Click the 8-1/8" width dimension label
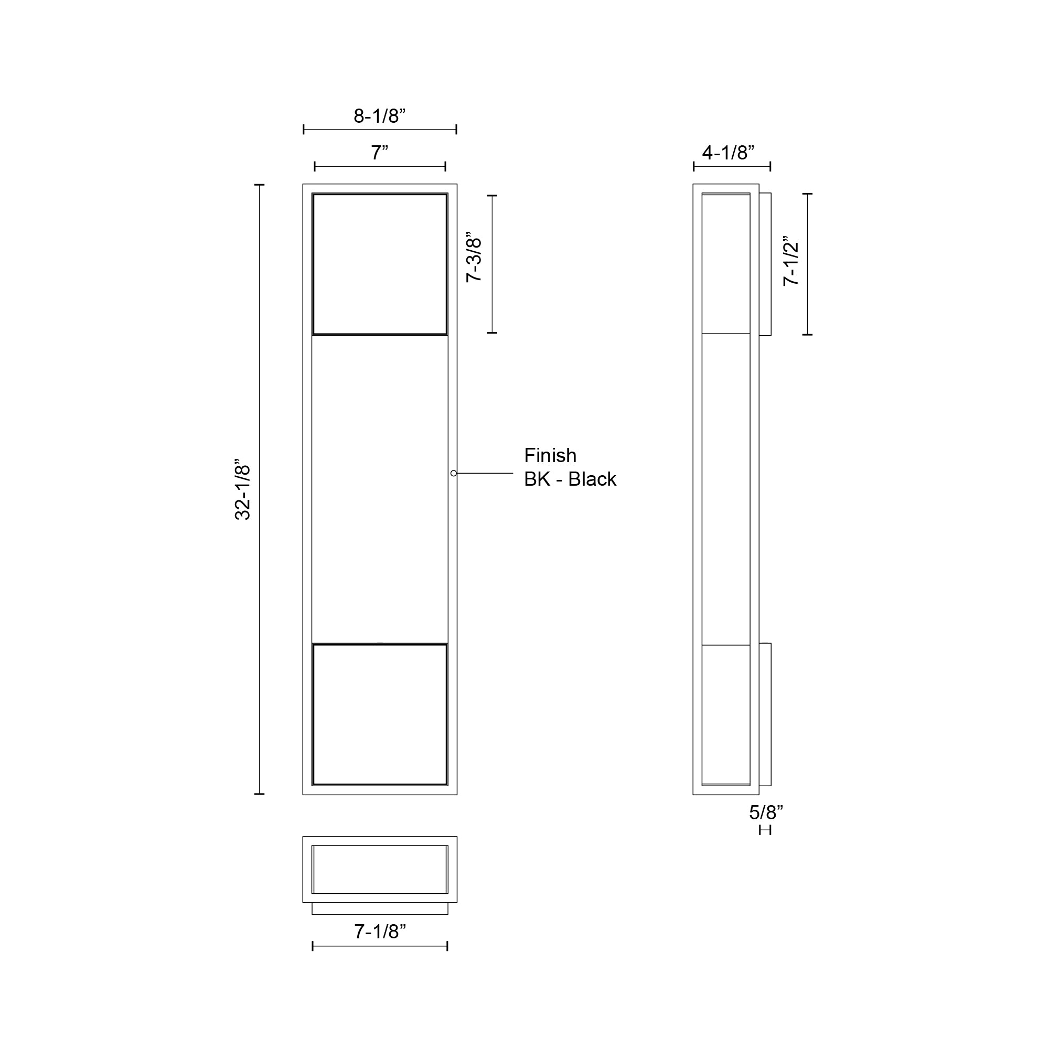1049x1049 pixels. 380,116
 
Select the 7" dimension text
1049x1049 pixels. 380,153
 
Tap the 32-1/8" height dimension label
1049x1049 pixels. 243,493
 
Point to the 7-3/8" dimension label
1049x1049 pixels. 474,260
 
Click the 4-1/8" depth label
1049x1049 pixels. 728,153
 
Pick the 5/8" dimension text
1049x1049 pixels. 766,812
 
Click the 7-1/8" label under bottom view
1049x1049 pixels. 380,932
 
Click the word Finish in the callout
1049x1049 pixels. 550,455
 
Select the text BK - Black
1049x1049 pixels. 570,479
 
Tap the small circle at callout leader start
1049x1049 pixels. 453,474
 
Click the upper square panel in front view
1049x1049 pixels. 380,264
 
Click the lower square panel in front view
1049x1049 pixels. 380,714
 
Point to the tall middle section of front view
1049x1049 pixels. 380,489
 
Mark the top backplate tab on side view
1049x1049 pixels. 765,264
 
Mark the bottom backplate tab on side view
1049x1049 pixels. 765,714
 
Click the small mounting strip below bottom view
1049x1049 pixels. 380,908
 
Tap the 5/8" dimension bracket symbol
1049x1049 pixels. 765,830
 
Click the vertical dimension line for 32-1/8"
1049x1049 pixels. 260,489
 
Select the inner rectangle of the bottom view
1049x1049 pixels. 380,869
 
